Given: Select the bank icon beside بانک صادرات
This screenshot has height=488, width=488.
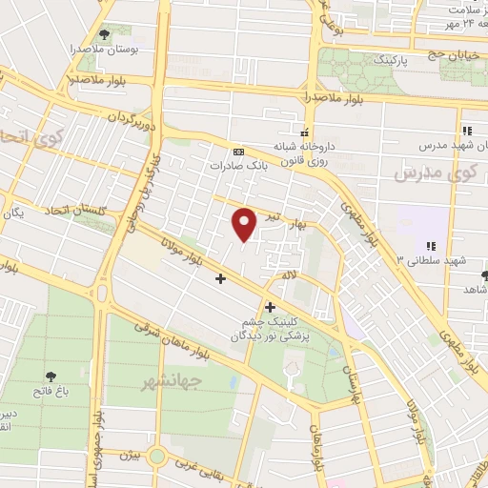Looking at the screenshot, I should tap(238, 152).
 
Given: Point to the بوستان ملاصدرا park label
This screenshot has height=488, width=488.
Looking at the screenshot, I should tap(100, 47).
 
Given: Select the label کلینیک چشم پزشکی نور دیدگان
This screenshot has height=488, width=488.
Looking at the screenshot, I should tap(277, 330).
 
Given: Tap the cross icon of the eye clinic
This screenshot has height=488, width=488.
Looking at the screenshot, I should tap(272, 307).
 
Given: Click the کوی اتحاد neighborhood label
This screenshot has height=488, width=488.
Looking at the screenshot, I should tap(19, 141).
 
